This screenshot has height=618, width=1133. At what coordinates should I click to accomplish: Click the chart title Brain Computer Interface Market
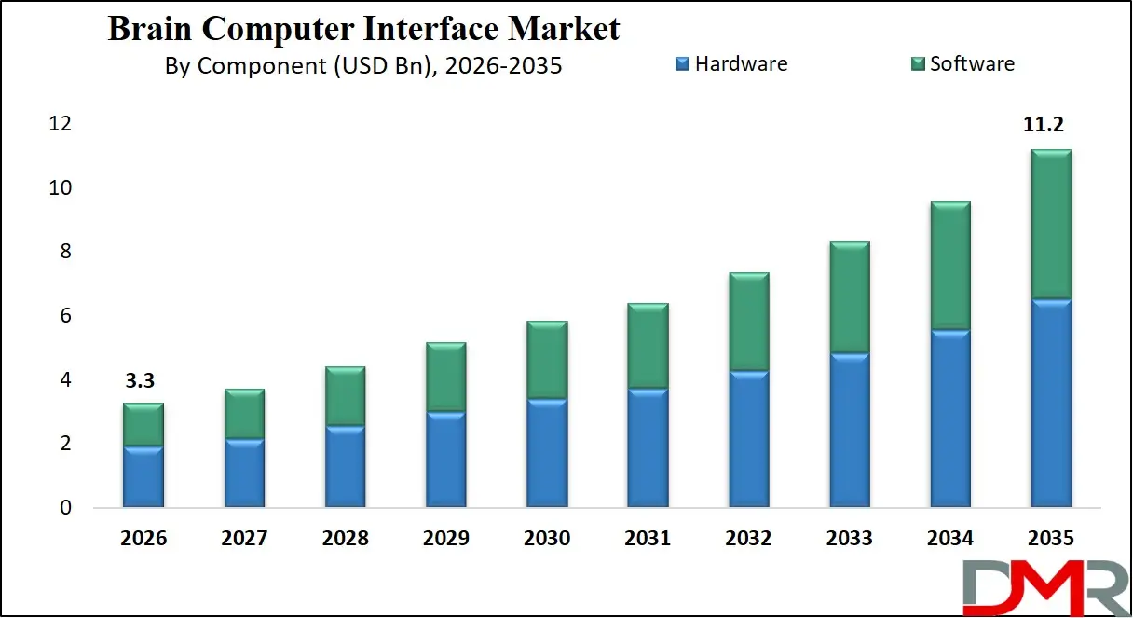(x=363, y=29)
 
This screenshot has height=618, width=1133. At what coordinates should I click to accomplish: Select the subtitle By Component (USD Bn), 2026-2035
(x=363, y=66)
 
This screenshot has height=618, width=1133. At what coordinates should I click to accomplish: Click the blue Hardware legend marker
(x=682, y=64)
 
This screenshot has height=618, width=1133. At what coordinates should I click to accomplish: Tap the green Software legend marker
(x=917, y=64)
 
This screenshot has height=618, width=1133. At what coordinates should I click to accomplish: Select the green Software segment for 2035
(x=1051, y=224)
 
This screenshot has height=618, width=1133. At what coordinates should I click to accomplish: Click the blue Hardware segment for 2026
(x=143, y=477)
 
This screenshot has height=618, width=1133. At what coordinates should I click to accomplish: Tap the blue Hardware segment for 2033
(x=850, y=431)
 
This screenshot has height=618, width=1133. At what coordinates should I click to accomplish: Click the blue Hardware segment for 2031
(x=648, y=448)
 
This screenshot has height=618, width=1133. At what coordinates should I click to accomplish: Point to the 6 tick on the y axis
(x=65, y=316)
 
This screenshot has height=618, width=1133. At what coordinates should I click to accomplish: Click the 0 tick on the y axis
(x=65, y=509)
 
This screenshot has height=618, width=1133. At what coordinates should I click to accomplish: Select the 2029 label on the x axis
(x=445, y=539)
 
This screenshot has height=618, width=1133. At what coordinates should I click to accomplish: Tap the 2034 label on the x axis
(x=950, y=539)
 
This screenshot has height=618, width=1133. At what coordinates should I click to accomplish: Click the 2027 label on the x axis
(x=244, y=539)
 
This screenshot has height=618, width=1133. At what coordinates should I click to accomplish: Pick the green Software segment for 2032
(x=748, y=322)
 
